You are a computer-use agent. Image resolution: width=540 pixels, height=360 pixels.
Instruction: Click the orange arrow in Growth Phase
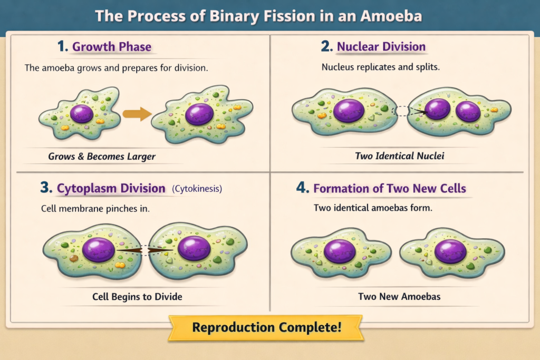137,114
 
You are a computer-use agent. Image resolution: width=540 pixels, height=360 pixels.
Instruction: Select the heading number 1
62,46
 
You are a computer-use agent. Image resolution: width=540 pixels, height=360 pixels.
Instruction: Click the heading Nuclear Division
381,46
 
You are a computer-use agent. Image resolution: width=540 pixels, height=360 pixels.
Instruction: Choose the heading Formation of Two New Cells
390,188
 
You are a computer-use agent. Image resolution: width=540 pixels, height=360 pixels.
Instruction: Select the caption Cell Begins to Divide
137,297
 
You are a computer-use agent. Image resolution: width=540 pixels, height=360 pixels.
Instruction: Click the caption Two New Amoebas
399,297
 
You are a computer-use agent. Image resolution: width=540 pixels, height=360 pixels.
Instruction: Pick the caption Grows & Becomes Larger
102,157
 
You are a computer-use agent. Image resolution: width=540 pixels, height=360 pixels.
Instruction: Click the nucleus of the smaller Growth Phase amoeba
82,113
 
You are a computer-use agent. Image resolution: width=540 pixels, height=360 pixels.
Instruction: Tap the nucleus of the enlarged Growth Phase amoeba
199,114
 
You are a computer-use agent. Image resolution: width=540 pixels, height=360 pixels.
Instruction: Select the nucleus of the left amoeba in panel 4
340,251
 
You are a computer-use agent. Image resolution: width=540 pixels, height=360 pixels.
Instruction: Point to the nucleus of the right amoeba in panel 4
450,251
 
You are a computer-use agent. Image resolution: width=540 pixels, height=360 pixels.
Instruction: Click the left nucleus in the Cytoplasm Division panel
99,249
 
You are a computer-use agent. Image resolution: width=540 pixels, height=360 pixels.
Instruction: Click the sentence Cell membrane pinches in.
95,209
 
